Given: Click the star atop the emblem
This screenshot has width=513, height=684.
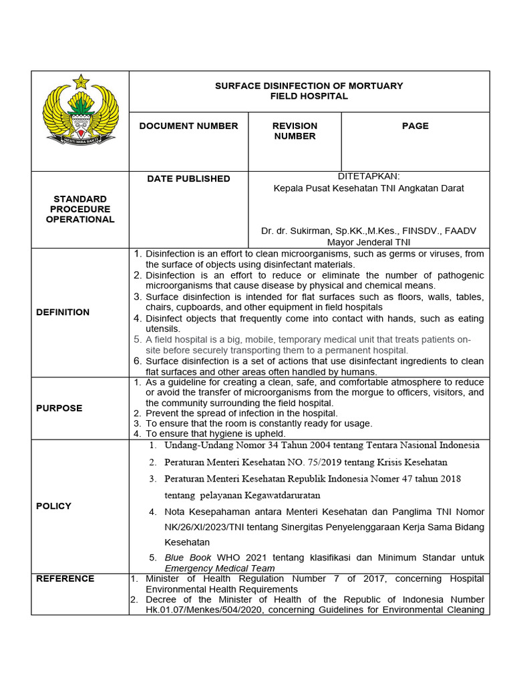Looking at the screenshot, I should [81, 82].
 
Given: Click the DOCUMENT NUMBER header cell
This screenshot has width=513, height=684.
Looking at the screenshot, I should [188, 126].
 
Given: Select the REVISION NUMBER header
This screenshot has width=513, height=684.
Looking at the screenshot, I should [295, 131].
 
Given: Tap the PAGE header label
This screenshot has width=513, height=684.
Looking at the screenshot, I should [415, 126].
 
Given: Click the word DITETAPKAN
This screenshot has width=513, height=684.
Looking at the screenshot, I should [369, 176].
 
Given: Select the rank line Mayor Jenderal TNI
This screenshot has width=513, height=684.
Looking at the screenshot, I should [369, 242].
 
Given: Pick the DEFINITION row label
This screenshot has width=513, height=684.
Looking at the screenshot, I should [63, 312].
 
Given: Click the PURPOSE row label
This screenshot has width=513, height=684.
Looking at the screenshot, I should [60, 407].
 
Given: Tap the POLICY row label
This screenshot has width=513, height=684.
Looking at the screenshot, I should [53, 506].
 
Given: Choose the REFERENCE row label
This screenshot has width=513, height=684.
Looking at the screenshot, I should [65, 578].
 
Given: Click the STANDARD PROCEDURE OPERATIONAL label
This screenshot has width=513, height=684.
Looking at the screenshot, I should [80, 209].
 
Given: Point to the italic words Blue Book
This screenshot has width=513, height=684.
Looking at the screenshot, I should [188, 557].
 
